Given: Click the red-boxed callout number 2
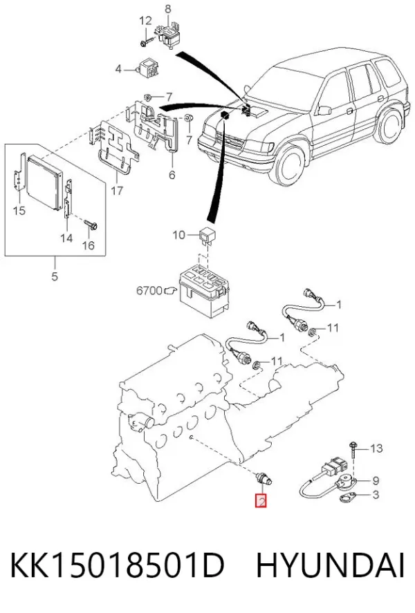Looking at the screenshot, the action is click(x=261, y=501).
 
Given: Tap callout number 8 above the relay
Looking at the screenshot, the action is click(x=167, y=8).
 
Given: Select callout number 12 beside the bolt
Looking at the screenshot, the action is click(x=145, y=20).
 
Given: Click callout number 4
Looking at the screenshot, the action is click(x=118, y=69).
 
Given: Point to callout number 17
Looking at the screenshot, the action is click(x=117, y=190).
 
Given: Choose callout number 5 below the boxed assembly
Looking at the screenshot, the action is click(x=55, y=276).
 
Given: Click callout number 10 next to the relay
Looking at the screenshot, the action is click(x=178, y=235).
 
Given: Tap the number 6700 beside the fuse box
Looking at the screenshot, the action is click(x=149, y=290).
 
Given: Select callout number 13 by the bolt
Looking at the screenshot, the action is click(x=376, y=448).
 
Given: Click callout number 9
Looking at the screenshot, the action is click(x=375, y=480).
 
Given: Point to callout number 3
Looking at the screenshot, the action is click(x=375, y=495).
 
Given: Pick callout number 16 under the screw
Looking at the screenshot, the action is click(x=89, y=245).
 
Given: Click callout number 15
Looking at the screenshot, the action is click(x=19, y=211).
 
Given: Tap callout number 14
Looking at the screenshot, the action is click(x=66, y=237).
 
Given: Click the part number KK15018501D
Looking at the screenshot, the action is click(x=117, y=566).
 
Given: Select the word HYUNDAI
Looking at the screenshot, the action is click(x=330, y=566).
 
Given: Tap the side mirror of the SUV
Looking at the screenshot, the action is click(x=324, y=111).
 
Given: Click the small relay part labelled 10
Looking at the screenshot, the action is click(x=207, y=234).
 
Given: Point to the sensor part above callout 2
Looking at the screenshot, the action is click(x=264, y=478).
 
